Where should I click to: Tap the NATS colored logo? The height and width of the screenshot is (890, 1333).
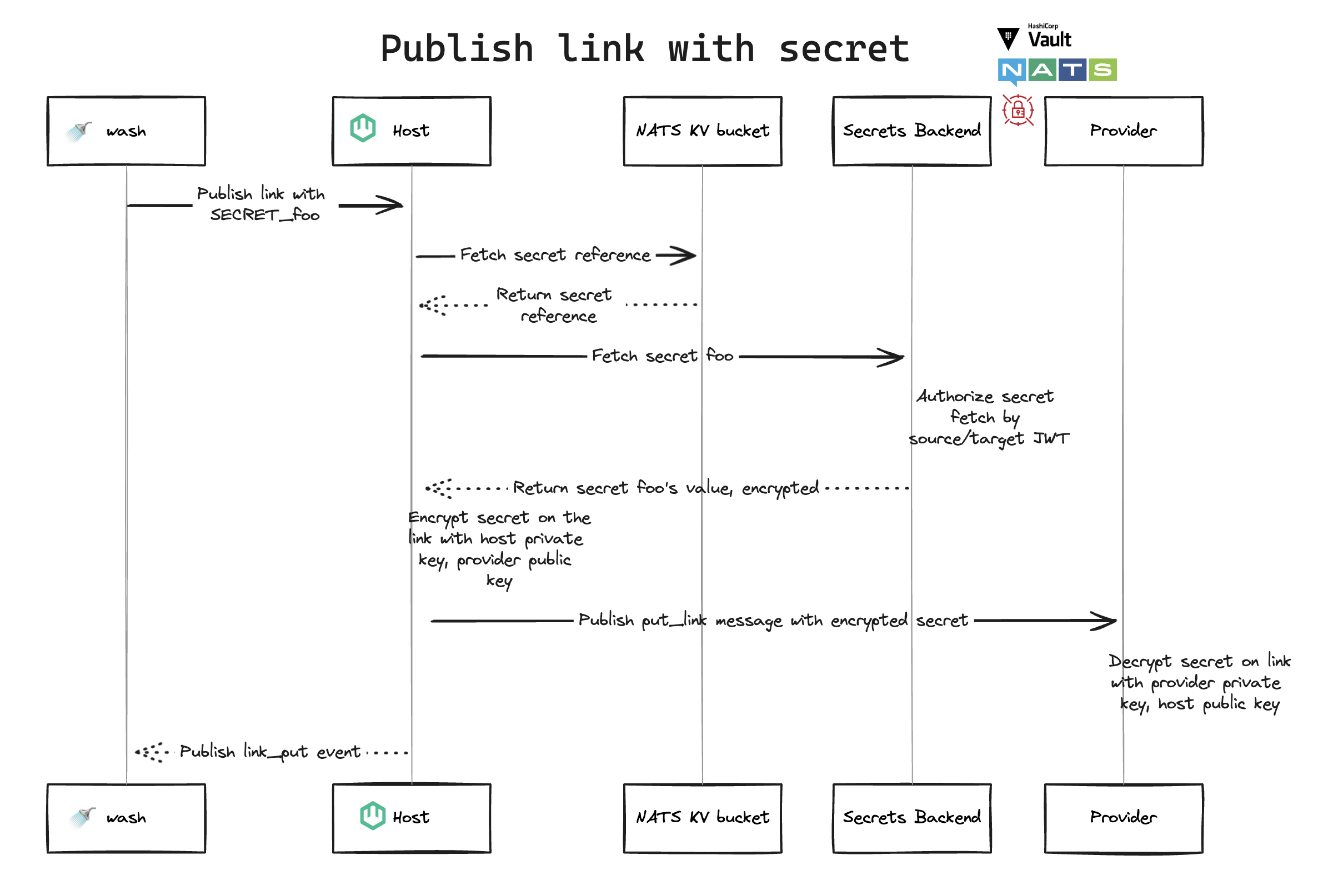click(x=1057, y=71)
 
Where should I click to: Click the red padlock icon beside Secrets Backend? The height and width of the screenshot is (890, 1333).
click(x=1018, y=110)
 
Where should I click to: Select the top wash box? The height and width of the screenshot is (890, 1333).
click(x=126, y=131)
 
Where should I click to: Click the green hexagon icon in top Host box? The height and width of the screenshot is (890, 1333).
click(x=363, y=128)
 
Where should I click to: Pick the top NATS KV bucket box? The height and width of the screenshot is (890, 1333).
click(x=703, y=131)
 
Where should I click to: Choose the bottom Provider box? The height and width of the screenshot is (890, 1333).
click(x=1124, y=818)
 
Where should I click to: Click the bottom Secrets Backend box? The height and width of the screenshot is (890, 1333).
click(x=912, y=818)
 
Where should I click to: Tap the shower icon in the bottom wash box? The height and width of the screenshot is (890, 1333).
click(x=82, y=817)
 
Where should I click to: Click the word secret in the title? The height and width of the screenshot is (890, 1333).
click(x=844, y=49)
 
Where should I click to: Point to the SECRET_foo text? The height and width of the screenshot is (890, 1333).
click(x=265, y=215)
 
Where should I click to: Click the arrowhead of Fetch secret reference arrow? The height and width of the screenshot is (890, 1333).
click(x=686, y=256)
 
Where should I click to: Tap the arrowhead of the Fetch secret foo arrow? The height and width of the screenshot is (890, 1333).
click(x=894, y=357)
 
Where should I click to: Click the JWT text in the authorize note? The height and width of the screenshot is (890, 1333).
click(x=1051, y=439)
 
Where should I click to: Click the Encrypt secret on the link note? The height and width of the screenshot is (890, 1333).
click(x=498, y=549)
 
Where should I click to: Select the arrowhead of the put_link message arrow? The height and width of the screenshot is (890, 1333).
click(x=1106, y=621)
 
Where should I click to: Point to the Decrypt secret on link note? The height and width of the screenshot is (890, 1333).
click(x=1199, y=683)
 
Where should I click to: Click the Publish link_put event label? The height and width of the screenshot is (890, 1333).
click(x=269, y=752)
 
